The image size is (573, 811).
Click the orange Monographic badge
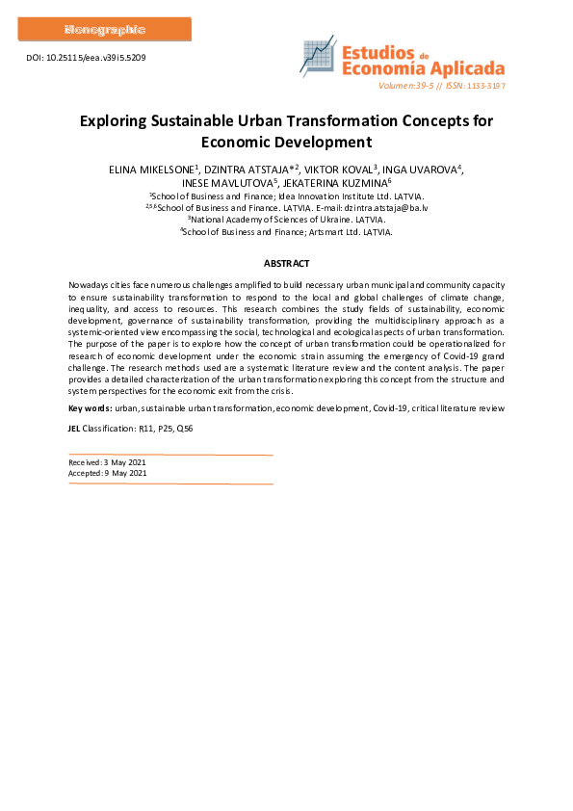(104, 29)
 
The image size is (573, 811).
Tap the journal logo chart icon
(317, 59)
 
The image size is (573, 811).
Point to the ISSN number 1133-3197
(486, 86)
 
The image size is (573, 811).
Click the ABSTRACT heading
(286, 263)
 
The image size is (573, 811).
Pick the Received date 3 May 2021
(124, 462)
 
